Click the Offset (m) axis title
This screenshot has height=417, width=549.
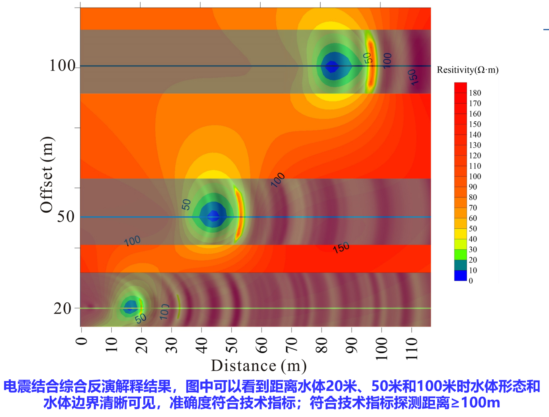point(46,175)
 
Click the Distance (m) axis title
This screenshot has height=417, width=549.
point(259,366)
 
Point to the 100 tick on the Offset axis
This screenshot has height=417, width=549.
point(62,66)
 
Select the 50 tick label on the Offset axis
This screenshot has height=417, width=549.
point(66,217)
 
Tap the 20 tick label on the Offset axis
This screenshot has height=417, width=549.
point(62,308)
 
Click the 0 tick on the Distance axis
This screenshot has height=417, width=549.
point(81,341)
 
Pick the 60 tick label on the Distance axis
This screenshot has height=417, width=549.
point(261,344)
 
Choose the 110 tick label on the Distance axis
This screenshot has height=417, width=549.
point(411,349)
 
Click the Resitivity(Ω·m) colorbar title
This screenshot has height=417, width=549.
point(467,70)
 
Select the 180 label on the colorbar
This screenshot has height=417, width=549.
point(475,93)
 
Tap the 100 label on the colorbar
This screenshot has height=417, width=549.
point(475,176)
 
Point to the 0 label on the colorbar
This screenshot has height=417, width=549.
point(471,281)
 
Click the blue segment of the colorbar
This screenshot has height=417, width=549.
point(461,276)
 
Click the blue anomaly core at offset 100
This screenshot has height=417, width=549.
point(332,66)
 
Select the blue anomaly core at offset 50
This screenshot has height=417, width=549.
point(213,216)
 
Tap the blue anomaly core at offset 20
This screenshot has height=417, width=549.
point(129,308)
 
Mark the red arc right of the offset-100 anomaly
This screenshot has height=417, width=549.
point(370,64)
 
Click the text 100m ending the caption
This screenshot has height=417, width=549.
point(480,403)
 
